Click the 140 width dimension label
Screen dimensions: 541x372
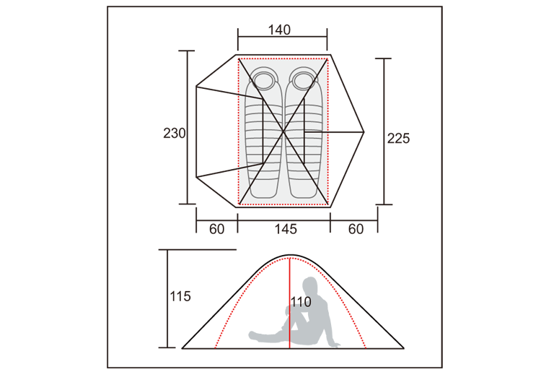click(279, 30)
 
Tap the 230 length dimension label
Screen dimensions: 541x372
click(175, 134)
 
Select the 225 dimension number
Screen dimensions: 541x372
click(398, 138)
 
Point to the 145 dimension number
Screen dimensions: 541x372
click(286, 229)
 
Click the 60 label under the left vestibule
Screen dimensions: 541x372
click(216, 229)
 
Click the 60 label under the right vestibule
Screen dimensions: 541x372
click(356, 229)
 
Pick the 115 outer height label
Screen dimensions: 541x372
click(180, 296)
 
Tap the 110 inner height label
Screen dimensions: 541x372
click(301, 302)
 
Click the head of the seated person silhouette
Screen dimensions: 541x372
click(310, 285)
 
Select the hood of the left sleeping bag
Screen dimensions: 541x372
click(263, 79)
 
